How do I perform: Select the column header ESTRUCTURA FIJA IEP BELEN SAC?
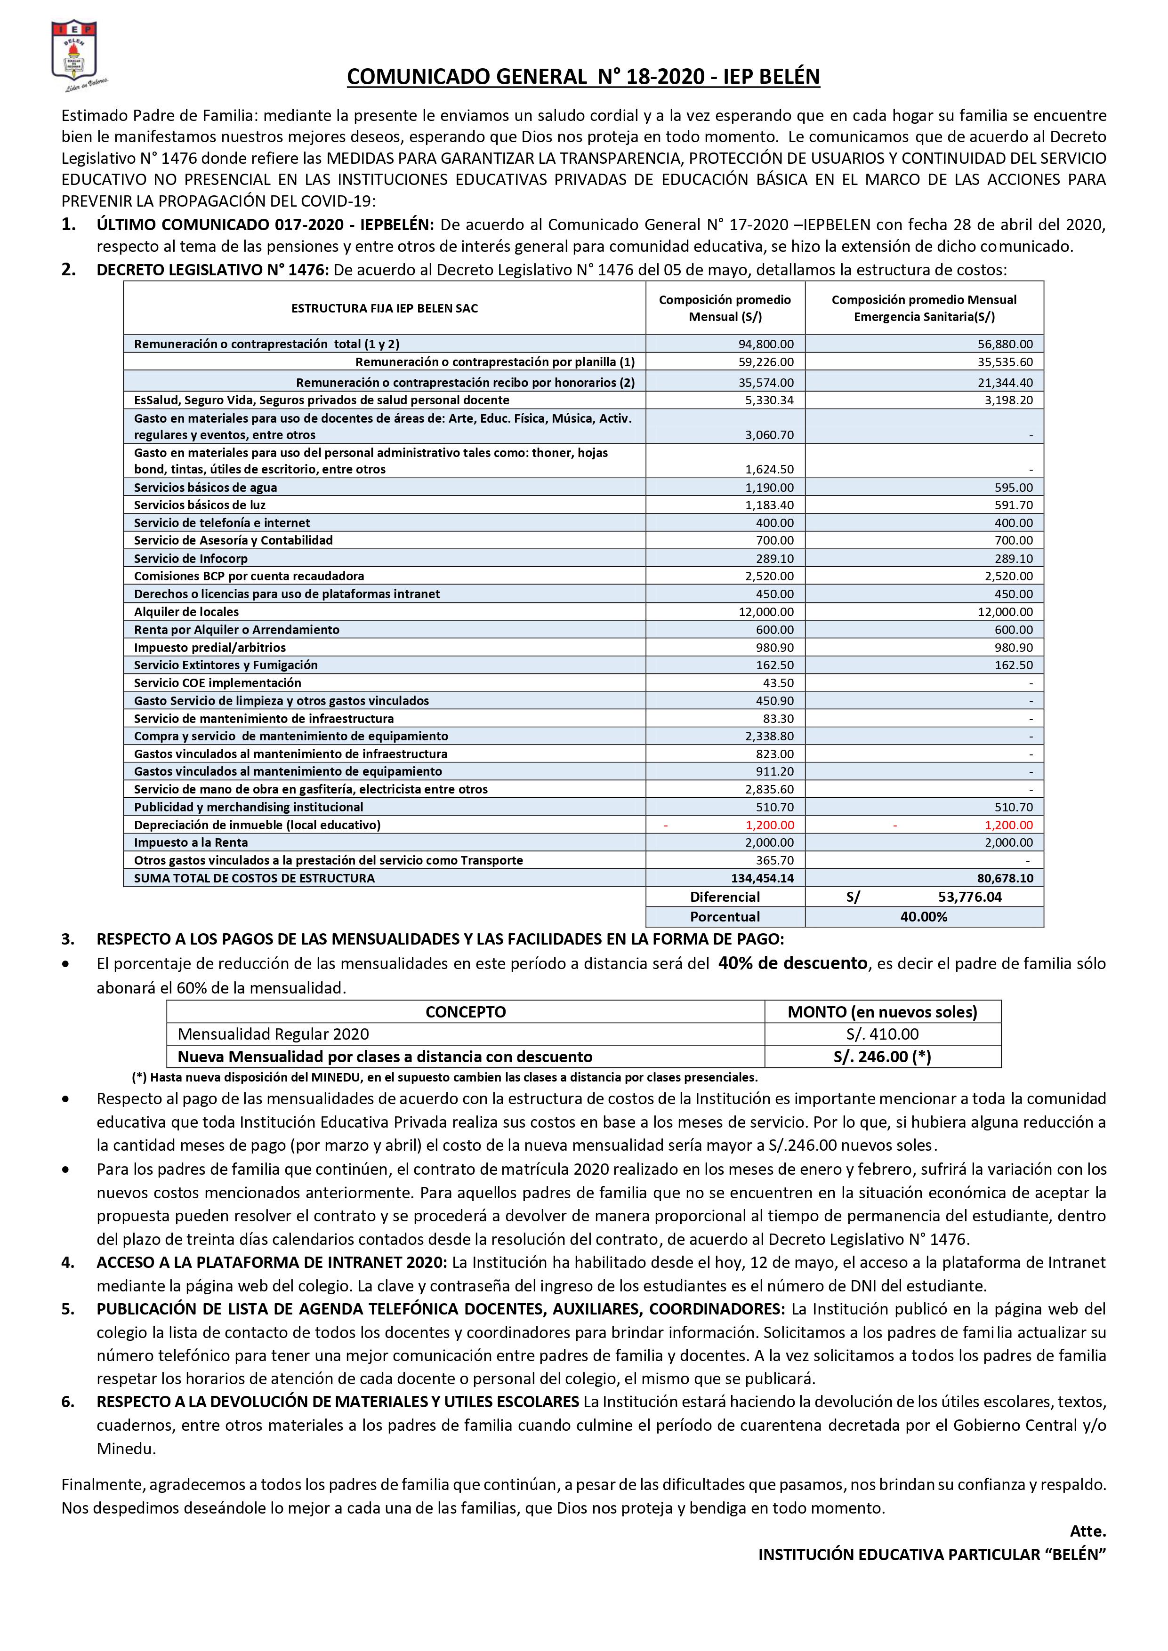click(384, 308)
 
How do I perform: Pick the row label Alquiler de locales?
click(186, 612)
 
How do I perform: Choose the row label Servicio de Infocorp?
click(191, 559)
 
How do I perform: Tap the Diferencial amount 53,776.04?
click(969, 897)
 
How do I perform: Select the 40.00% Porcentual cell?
click(924, 917)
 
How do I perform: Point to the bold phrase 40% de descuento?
click(793, 963)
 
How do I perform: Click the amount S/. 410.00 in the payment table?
click(882, 1034)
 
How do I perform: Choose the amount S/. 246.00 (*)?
click(882, 1056)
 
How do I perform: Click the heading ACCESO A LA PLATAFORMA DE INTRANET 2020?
click(272, 1262)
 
